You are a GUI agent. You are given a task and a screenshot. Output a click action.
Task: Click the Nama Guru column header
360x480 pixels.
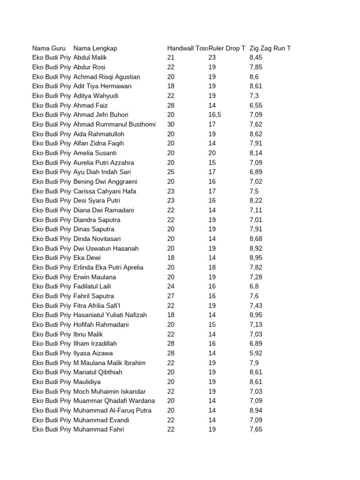click(49, 48)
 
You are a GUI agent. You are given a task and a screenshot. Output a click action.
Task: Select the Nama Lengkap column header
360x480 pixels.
click(95, 48)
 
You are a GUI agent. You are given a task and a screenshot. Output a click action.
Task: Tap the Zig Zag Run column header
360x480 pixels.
click(270, 48)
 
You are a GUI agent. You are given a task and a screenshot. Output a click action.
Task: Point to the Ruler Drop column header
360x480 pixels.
click(227, 48)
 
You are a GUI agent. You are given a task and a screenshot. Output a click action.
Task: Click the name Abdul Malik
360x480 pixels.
click(90, 58)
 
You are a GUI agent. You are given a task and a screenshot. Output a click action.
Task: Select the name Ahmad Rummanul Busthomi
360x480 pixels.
click(114, 124)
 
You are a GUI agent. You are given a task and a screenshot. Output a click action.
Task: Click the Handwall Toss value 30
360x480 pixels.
click(171, 124)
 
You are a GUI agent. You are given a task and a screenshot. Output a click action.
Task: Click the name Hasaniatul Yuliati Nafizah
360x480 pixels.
click(110, 315)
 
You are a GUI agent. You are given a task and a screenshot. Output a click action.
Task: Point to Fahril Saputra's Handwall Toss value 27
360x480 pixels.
click(171, 296)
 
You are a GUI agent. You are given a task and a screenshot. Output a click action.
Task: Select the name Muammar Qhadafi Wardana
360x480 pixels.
click(114, 401)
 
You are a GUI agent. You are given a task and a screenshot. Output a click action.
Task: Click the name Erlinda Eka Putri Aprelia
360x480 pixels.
click(108, 267)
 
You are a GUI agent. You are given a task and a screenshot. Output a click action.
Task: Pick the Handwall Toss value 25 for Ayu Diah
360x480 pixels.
click(171, 172)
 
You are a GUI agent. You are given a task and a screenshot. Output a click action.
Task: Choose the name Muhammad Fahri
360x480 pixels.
click(99, 429)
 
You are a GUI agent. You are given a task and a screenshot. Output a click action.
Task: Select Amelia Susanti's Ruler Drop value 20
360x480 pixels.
click(212, 153)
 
